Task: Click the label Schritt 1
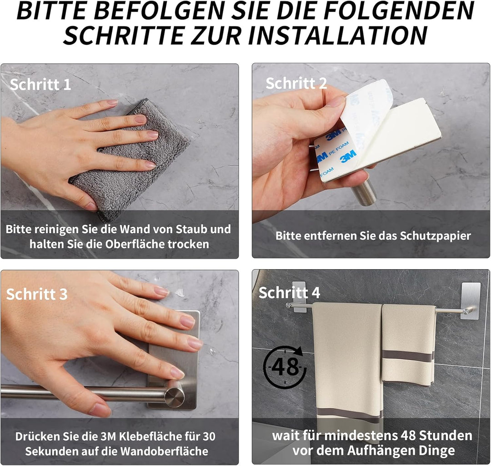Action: [40, 85]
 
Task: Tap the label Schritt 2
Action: [296, 83]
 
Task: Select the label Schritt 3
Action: [37, 294]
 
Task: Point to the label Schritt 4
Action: [289, 292]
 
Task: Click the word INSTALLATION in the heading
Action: [338, 35]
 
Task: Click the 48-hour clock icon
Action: [285, 366]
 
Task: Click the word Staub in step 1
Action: [192, 229]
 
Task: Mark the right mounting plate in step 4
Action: [471, 301]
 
